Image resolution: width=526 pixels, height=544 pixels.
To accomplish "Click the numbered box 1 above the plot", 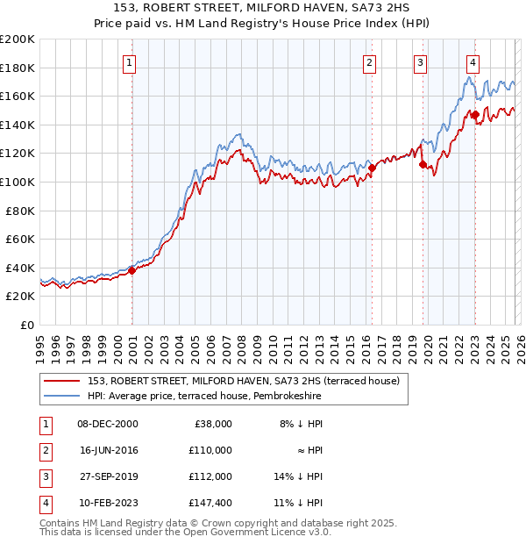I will click(129, 62).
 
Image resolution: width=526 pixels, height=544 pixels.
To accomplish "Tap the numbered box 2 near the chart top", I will click(370, 62).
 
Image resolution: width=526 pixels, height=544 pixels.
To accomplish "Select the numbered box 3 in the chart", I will click(421, 62).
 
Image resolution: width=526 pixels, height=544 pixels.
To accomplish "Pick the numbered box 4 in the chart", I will click(473, 62).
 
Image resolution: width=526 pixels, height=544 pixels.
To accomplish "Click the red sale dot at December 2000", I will click(132, 270).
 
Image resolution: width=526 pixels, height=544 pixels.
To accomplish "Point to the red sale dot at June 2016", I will click(372, 168).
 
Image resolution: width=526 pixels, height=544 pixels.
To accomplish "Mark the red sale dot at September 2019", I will click(423, 164).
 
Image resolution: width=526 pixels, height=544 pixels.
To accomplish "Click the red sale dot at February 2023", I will click(475, 114).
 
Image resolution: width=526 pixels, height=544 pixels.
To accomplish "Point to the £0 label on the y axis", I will click(26, 325).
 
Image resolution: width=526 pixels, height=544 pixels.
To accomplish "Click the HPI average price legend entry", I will click(204, 397).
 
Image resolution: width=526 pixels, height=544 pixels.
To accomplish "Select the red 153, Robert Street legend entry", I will click(244, 381).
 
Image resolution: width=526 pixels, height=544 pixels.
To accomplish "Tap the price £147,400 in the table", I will click(210, 503).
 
